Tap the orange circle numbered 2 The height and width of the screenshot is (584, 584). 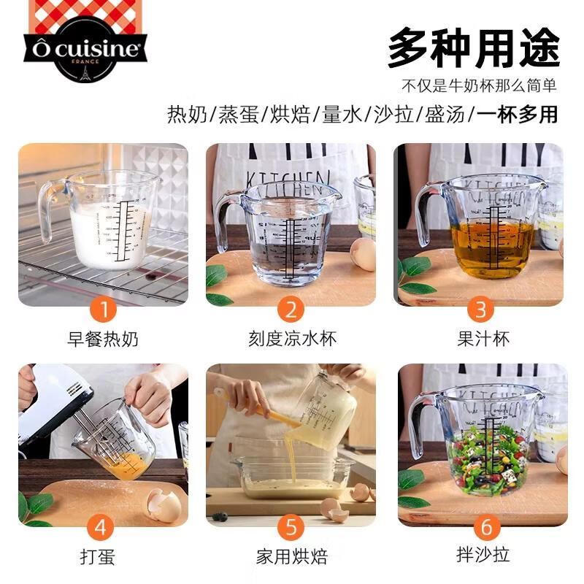(x=291, y=310)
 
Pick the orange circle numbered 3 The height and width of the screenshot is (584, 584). (x=480, y=310)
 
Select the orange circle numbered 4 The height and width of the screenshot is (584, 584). (x=103, y=527)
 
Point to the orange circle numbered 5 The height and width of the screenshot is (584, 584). (x=291, y=527)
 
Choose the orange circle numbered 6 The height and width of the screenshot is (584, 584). (x=487, y=527)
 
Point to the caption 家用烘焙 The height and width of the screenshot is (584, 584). (x=291, y=556)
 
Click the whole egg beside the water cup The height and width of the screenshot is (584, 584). (x=363, y=254)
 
